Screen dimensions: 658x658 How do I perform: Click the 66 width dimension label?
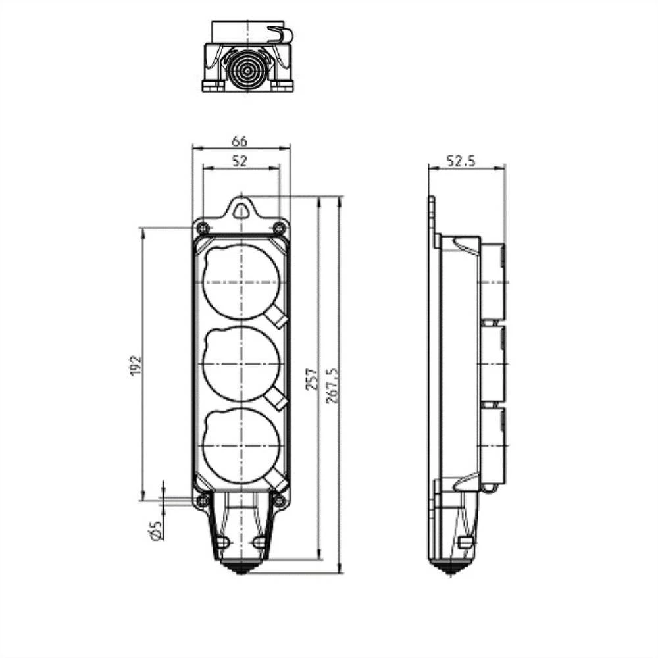240,141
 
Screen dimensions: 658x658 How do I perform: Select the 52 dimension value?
240,161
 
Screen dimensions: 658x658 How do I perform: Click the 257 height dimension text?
312,379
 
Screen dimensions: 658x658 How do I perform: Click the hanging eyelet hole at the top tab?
241,211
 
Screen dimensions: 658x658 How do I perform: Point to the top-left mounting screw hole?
203,228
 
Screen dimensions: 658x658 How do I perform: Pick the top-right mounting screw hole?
279,228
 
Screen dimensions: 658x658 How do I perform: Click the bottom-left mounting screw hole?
203,501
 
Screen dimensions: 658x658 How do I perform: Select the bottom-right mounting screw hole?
279,501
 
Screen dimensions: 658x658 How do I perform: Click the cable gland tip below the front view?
241,567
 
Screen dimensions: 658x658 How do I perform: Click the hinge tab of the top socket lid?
278,318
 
